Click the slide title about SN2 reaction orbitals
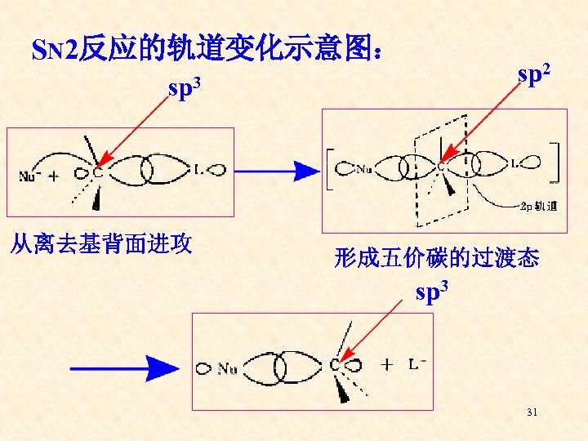click(204, 50)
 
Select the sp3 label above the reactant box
click(185, 87)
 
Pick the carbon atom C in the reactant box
click(97, 172)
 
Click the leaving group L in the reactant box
click(199, 170)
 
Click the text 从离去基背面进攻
click(100, 243)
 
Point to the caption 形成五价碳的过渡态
click(437, 259)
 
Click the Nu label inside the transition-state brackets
click(365, 170)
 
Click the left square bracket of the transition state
click(331, 169)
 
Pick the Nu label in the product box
click(227, 369)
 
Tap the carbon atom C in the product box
click(334, 366)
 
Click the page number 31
click(532, 413)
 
